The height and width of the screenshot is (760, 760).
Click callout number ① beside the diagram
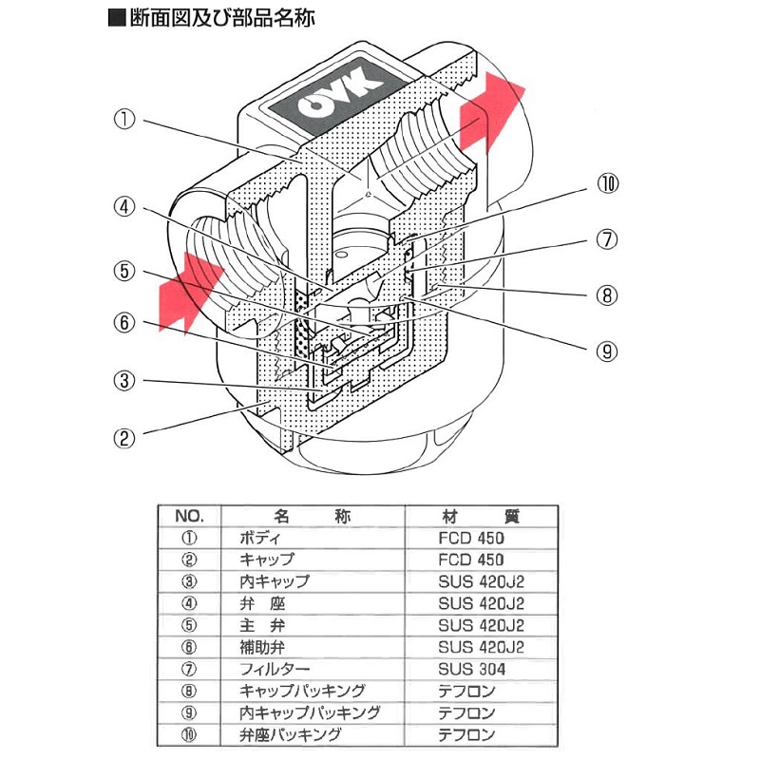[126, 121]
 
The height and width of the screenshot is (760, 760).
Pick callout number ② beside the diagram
[126, 439]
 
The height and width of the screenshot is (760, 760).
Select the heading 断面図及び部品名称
[219, 18]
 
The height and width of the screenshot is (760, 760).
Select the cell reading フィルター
[276, 669]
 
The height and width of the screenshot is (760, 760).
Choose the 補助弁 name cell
[266, 647]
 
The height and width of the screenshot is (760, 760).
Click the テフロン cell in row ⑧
[466, 691]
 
